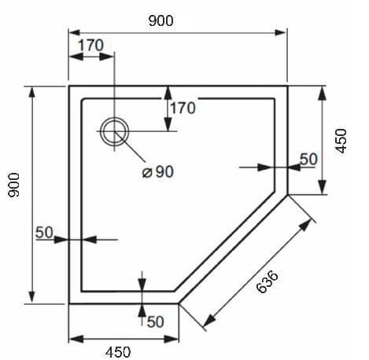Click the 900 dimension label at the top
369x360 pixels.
pyautogui.click(x=161, y=20)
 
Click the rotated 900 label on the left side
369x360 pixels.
pyautogui.click(x=14, y=185)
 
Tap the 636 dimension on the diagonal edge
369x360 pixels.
pyautogui.click(x=268, y=281)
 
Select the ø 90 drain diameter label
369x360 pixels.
pyautogui.click(x=158, y=172)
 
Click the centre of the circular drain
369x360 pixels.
pyautogui.click(x=115, y=131)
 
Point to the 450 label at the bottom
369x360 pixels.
pyautogui.click(x=118, y=352)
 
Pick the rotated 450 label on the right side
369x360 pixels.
pyautogui.click(x=341, y=141)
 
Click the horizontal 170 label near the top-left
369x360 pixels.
pyautogui.click(x=90, y=45)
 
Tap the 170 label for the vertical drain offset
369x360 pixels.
pyautogui.click(x=183, y=108)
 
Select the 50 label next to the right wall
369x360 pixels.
pyautogui.click(x=308, y=159)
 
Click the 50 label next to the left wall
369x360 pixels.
pyautogui.click(x=44, y=233)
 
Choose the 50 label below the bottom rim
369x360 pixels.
pyautogui.click(x=156, y=321)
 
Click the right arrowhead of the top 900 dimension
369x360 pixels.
pyautogui.click(x=280, y=32)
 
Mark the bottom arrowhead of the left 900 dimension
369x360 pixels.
pyautogui.click(x=32, y=297)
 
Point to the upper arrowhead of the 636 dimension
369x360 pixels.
pyautogui.click(x=305, y=225)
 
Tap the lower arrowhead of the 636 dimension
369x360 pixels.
pyautogui.click(x=209, y=321)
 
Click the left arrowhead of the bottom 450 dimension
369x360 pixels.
pyautogui.click(x=76, y=339)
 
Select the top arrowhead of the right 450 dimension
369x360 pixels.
pyautogui.click(x=323, y=94)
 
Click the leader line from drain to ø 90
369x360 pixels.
pyautogui.click(x=130, y=146)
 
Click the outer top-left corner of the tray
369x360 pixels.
pyautogui.click(x=69, y=86)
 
